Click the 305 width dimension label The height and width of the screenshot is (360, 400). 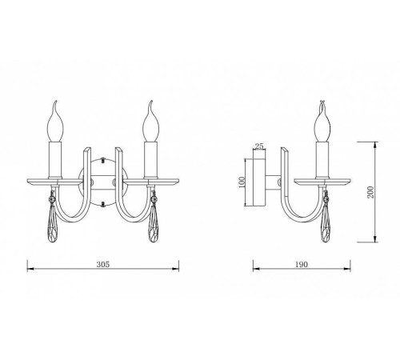coord(103,264)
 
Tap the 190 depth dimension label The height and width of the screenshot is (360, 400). coord(302,264)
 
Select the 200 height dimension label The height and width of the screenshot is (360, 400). coord(370,192)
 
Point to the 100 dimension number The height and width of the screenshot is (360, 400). coord(242,182)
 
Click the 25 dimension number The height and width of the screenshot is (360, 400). coord(259,146)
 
